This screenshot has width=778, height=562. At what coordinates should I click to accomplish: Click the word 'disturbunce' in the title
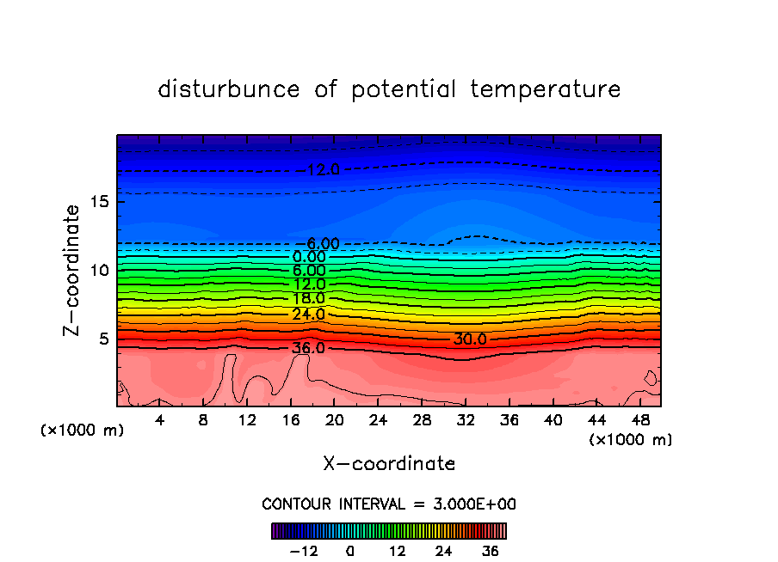point(229,89)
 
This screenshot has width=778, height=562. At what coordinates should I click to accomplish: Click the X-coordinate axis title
point(389,464)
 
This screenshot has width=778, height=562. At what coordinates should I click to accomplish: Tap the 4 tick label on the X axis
point(160,420)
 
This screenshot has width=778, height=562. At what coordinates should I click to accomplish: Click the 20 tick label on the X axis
point(335,420)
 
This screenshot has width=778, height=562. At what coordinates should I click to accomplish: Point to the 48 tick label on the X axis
point(640,420)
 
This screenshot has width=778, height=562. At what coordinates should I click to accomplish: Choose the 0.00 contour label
point(309,257)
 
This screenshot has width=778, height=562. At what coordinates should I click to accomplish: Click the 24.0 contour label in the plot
point(309,314)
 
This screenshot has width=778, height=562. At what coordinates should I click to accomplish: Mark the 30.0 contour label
point(470,339)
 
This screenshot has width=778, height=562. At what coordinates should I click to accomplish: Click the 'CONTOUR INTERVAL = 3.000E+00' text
point(389,504)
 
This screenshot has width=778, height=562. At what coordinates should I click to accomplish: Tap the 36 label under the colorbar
point(491,551)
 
